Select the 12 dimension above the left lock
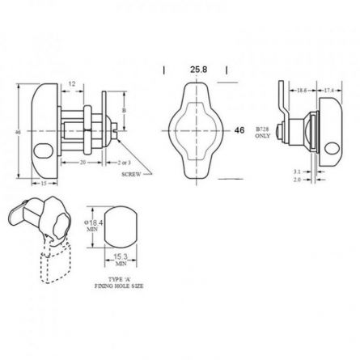pyautogui.click(x=72, y=84)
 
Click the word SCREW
pyautogui.click(x=132, y=174)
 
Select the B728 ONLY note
pyautogui.click(x=261, y=133)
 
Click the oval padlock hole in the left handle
pyautogui.click(x=40, y=150)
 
